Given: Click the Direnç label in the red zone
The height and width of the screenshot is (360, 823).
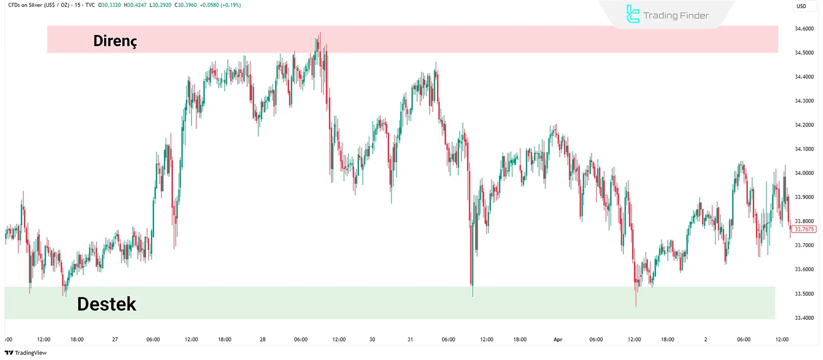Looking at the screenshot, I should tap(115, 41).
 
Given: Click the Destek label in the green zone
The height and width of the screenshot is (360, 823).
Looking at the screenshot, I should tap(106, 304).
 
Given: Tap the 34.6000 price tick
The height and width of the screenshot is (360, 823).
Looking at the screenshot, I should tap(804, 29).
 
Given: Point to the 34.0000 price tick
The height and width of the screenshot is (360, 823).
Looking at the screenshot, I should tap(804, 173).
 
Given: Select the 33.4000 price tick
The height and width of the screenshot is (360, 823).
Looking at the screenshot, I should tap(804, 318).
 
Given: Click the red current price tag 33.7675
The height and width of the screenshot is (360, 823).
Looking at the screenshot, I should tap(804, 229).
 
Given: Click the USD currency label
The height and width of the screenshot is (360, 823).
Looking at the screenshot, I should tap(801, 6).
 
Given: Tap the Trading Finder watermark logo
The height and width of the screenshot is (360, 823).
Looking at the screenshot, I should tap(667, 15).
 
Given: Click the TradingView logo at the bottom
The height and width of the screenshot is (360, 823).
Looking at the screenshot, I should tap(26, 353).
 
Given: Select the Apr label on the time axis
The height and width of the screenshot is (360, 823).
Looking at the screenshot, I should tap(558, 339).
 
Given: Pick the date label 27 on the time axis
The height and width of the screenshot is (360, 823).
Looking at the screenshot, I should tap(115, 339).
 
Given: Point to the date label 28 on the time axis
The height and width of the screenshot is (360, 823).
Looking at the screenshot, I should tap(262, 339).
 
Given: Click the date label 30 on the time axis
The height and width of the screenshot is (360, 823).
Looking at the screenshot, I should tap(372, 339).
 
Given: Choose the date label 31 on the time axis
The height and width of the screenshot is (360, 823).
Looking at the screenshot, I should tap(410, 339).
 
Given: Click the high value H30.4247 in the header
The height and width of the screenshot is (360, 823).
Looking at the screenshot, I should tap(135, 5).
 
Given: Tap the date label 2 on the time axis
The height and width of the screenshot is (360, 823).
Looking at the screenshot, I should tap(705, 339).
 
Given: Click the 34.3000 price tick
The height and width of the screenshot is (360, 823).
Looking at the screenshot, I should tap(804, 101).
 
